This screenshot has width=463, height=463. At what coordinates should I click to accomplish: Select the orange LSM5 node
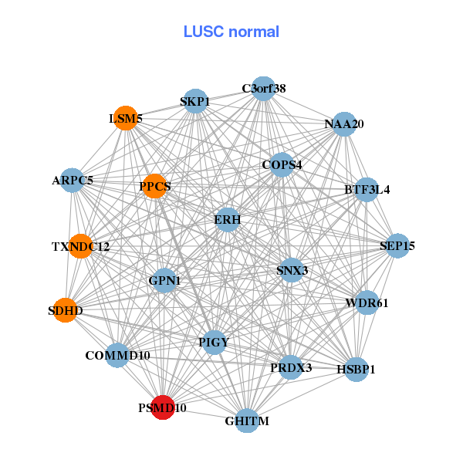click(x=125, y=118)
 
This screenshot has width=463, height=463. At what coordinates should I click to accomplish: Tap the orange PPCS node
click(x=154, y=186)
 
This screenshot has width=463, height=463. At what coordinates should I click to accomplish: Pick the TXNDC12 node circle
click(x=80, y=246)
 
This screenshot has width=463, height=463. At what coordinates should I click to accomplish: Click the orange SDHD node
click(x=65, y=310)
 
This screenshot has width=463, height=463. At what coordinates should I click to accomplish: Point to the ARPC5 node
click(x=72, y=181)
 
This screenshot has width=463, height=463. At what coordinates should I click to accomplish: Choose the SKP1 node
click(x=195, y=101)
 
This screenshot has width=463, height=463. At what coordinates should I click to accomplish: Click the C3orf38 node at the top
click(x=264, y=89)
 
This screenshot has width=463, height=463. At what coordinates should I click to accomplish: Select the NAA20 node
click(x=343, y=123)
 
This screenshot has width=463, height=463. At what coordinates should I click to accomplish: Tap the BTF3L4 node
click(x=367, y=189)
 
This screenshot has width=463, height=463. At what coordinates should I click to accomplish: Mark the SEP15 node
click(x=397, y=246)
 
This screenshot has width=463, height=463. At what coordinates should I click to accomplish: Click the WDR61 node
click(x=367, y=302)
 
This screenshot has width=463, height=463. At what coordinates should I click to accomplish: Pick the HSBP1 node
click(x=356, y=370)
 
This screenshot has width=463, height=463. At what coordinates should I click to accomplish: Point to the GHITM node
click(x=247, y=421)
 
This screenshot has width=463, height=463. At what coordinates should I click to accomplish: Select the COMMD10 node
click(x=117, y=356)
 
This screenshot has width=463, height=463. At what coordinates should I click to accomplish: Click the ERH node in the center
click(x=228, y=220)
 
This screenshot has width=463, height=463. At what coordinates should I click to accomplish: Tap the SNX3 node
click(x=291, y=270)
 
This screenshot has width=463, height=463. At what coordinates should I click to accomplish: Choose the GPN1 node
click(x=164, y=281)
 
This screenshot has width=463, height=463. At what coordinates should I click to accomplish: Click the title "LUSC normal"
click(x=231, y=32)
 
